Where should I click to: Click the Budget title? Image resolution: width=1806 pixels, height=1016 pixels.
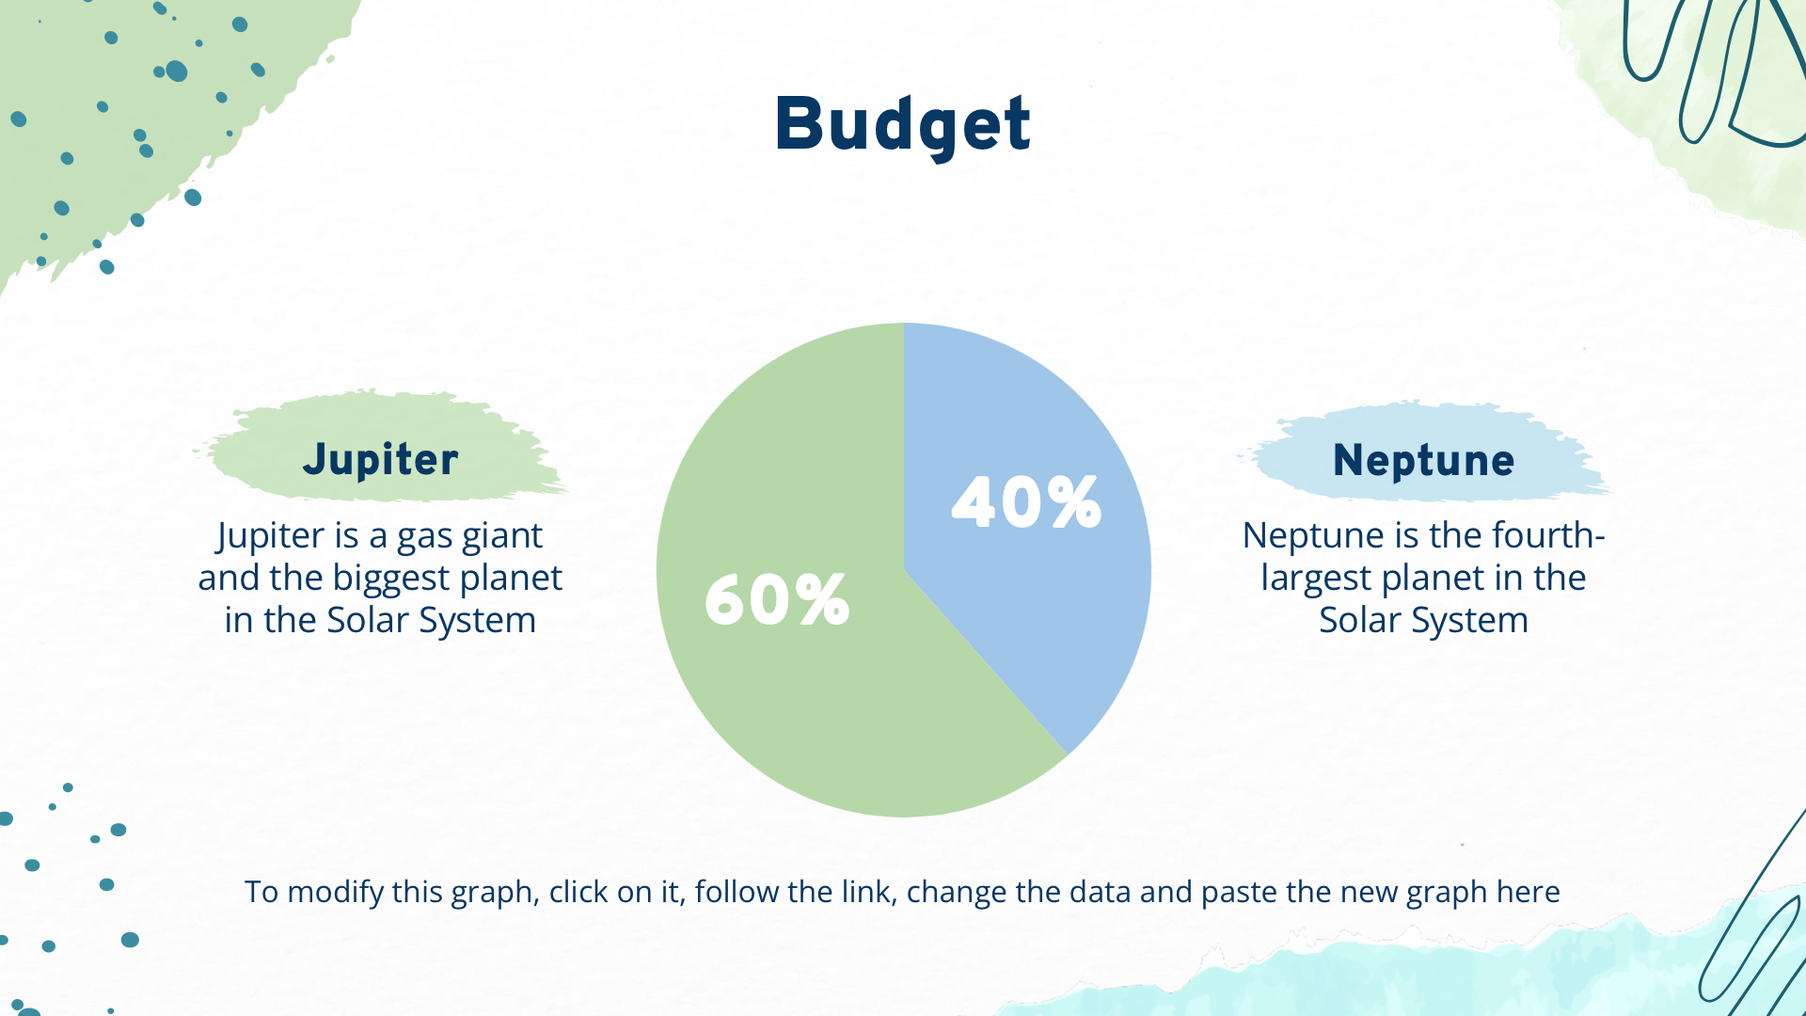(902, 124)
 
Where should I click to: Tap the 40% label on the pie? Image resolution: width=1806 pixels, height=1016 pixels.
(1026, 502)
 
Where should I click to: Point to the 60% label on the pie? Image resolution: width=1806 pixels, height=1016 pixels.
(777, 600)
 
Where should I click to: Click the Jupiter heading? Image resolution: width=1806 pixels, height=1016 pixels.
(380, 460)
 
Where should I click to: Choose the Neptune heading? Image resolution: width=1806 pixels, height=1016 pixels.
(1423, 461)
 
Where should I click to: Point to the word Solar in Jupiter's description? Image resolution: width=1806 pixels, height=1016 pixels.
(367, 621)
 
